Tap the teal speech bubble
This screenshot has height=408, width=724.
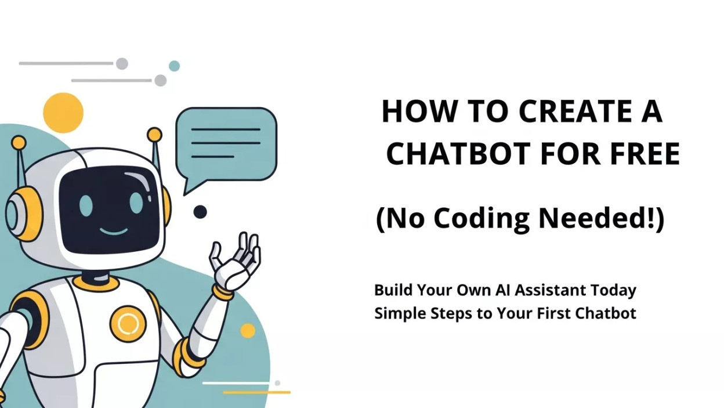tap(226, 143)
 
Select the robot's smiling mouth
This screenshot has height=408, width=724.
tap(113, 232)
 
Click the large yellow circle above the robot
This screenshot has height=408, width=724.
tap(63, 113)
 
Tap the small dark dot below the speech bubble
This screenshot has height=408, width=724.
tap(200, 212)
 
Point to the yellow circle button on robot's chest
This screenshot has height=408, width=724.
tap(128, 324)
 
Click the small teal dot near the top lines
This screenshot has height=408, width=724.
tap(174, 66)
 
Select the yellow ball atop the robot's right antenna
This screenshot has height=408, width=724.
tap(154, 135)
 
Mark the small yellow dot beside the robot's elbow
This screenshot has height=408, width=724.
tap(248, 331)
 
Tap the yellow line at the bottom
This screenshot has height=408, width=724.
tap(256, 392)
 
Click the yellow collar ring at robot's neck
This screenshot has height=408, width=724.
tap(96, 284)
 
